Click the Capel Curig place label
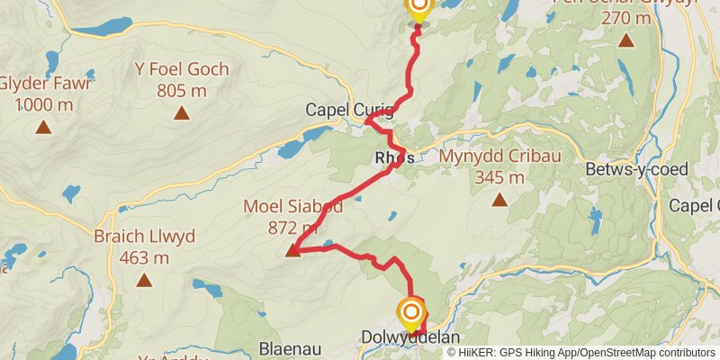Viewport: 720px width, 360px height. coord(348,110)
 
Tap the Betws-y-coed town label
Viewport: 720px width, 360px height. coord(635,169)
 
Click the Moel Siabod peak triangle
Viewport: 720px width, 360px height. coord(292,250)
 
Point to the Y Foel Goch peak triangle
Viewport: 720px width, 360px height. coord(182,112)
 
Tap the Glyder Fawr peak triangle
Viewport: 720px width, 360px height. coord(42,127)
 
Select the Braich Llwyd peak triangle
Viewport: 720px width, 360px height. coord(144,280)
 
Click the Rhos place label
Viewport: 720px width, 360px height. coord(394,158)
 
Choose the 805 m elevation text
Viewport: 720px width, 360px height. coord(182,89)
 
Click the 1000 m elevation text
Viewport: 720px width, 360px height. coord(43,104)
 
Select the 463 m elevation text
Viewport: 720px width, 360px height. coord(144,257)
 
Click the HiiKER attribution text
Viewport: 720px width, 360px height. coord(483,353)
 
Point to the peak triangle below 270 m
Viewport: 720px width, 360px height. coord(625,40)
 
